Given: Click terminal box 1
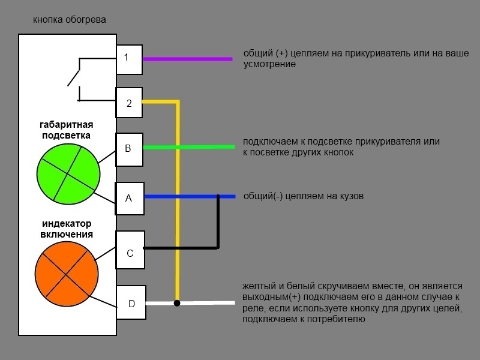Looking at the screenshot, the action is (x=129, y=59).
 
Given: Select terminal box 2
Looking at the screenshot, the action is (x=129, y=103).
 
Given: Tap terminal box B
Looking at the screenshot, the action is (x=129, y=149).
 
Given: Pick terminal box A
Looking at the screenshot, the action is (x=130, y=199).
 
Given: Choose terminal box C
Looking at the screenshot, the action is (x=130, y=250).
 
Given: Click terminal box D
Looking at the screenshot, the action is (x=131, y=302).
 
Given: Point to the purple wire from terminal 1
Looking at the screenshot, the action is (x=188, y=59).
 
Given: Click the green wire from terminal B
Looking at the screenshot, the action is (x=189, y=147).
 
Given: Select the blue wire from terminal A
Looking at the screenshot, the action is (x=190, y=197).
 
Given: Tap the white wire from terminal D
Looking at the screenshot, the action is (x=190, y=303).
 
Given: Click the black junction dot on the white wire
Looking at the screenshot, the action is (x=177, y=303).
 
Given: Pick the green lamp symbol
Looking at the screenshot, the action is (x=68, y=173).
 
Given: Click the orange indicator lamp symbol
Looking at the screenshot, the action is (x=67, y=274).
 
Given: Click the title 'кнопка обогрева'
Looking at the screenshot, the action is (x=70, y=20).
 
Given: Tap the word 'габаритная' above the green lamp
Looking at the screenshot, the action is (x=67, y=125).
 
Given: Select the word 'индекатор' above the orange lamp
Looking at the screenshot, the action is (x=67, y=223).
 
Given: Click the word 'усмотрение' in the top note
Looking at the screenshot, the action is (x=269, y=64).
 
